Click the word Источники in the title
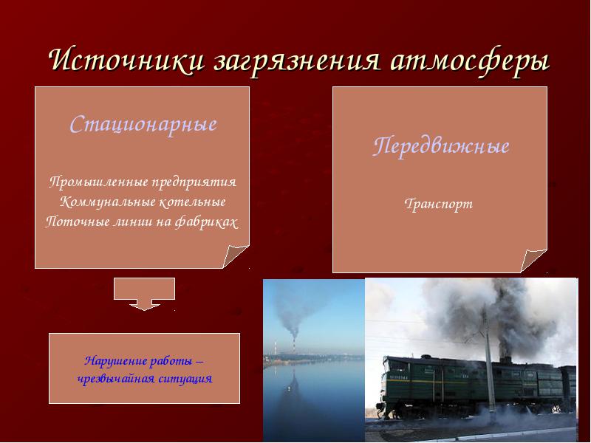pyautogui.click(x=126, y=60)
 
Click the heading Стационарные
pyautogui.click(x=143, y=125)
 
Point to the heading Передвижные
pyautogui.click(x=441, y=145)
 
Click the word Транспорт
pyautogui.click(x=438, y=205)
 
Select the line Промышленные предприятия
pyautogui.click(x=143, y=182)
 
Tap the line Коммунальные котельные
pyautogui.click(x=143, y=202)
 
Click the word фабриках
pyautogui.click(x=207, y=222)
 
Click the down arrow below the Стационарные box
pyautogui.click(x=144, y=294)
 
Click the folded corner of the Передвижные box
pyautogui.click(x=533, y=260)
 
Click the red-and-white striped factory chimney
pyautogui.click(x=294, y=346)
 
